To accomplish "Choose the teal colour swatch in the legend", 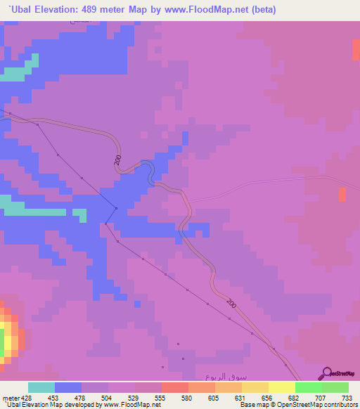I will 41,387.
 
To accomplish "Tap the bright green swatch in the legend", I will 308,387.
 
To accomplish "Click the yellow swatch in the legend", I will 281,387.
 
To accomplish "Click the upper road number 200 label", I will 117,160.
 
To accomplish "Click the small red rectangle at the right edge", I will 342,195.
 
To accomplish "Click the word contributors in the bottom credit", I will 337,405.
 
